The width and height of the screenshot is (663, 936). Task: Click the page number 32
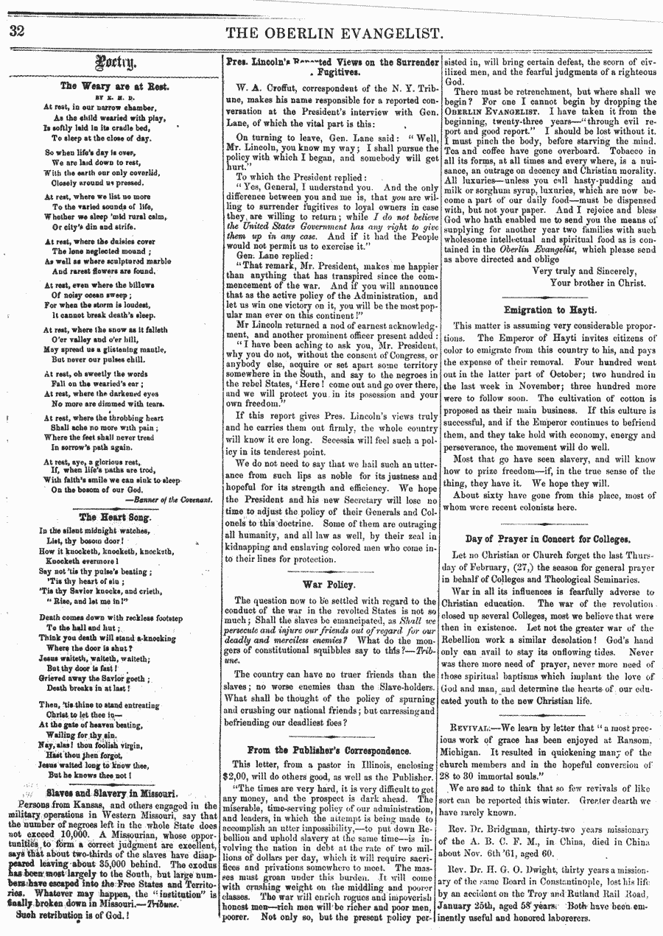pos(17,32)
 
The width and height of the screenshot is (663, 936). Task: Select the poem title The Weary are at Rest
pos(114,85)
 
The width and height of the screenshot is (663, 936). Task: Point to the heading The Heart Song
pos(114,517)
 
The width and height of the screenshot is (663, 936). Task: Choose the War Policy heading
pos(329,584)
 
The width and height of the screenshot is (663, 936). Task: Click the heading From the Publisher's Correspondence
pos(329,750)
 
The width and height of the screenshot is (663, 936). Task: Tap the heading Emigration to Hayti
pos(550,309)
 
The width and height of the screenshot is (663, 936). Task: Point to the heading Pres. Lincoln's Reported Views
pos(331,67)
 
